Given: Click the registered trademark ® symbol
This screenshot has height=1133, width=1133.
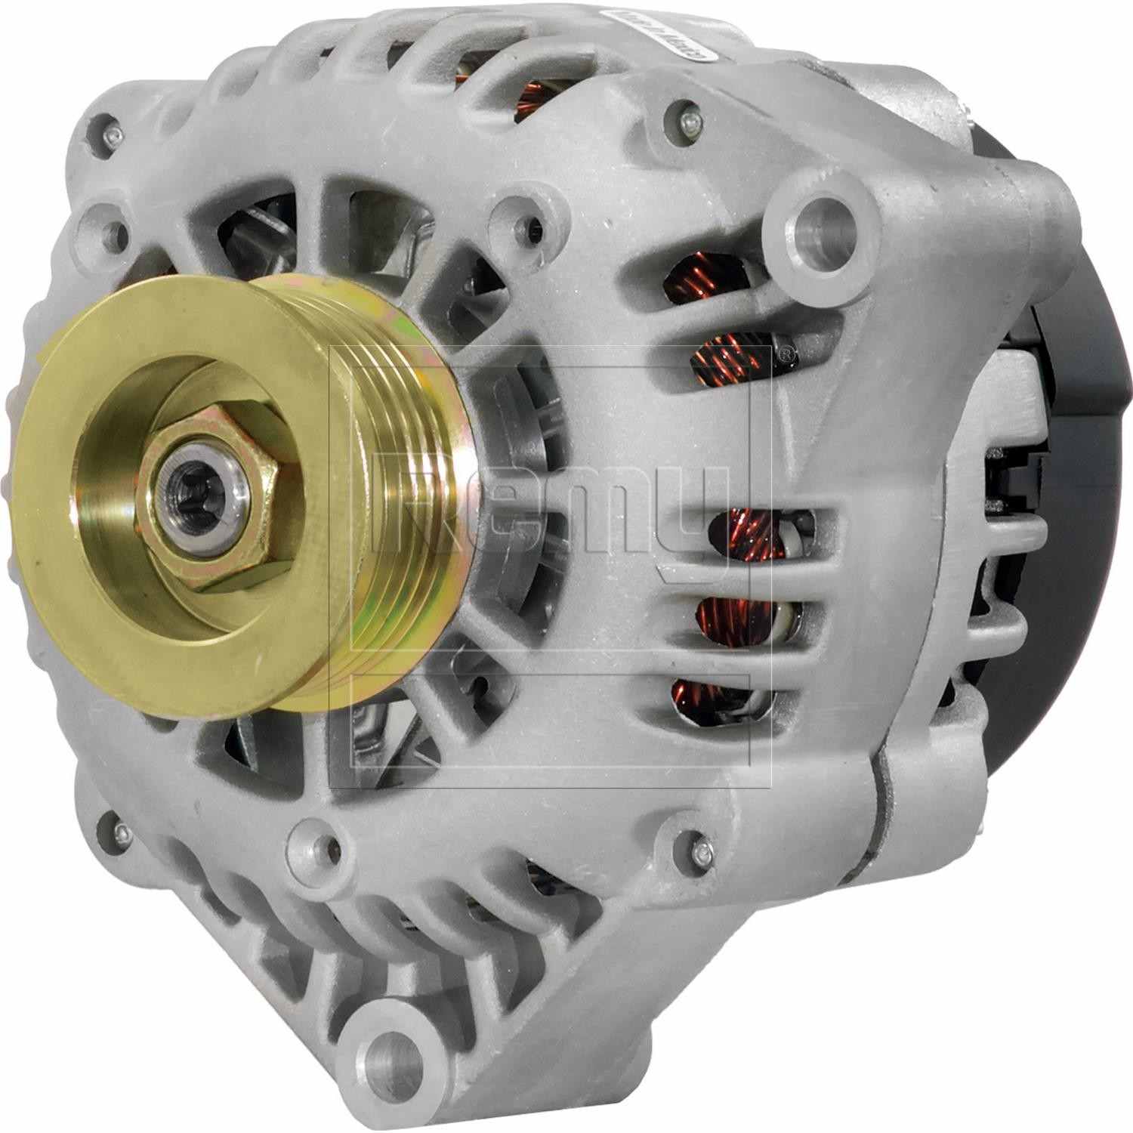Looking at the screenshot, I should tap(786, 352).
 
